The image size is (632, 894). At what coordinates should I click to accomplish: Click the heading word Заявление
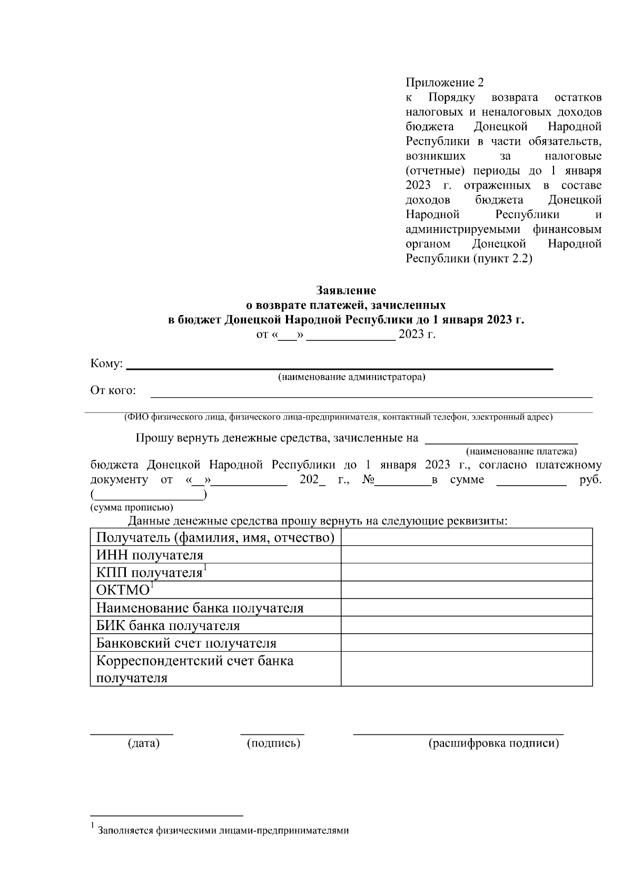pyautogui.click(x=346, y=290)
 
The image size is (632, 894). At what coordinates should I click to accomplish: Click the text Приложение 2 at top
pyautogui.click(x=444, y=83)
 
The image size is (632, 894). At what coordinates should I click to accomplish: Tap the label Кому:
pyautogui.click(x=106, y=364)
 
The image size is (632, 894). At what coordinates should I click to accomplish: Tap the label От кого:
pyautogui.click(x=113, y=390)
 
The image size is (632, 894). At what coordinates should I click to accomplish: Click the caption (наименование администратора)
pyautogui.click(x=351, y=377)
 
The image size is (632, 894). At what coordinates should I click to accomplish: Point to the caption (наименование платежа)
pyautogui.click(x=521, y=451)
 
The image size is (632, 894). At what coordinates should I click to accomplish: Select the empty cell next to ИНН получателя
pyautogui.click(x=466, y=555)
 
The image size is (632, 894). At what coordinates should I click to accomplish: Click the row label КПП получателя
pyautogui.click(x=150, y=573)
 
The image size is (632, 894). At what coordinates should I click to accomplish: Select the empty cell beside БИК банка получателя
pyautogui.click(x=466, y=625)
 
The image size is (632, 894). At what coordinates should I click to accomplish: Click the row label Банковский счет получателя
pyautogui.click(x=186, y=643)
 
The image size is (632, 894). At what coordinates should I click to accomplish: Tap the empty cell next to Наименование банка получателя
pyautogui.click(x=466, y=608)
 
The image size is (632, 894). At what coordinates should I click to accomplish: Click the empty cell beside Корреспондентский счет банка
pyautogui.click(x=466, y=669)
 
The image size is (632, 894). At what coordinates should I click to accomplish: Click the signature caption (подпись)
pyautogui.click(x=273, y=743)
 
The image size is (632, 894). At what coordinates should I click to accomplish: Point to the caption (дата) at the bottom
pyautogui.click(x=143, y=743)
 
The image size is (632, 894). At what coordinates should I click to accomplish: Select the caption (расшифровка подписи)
pyautogui.click(x=493, y=743)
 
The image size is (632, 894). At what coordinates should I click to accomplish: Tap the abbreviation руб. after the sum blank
pyautogui.click(x=590, y=480)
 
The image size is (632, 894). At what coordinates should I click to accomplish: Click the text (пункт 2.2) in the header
pyautogui.click(x=502, y=259)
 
